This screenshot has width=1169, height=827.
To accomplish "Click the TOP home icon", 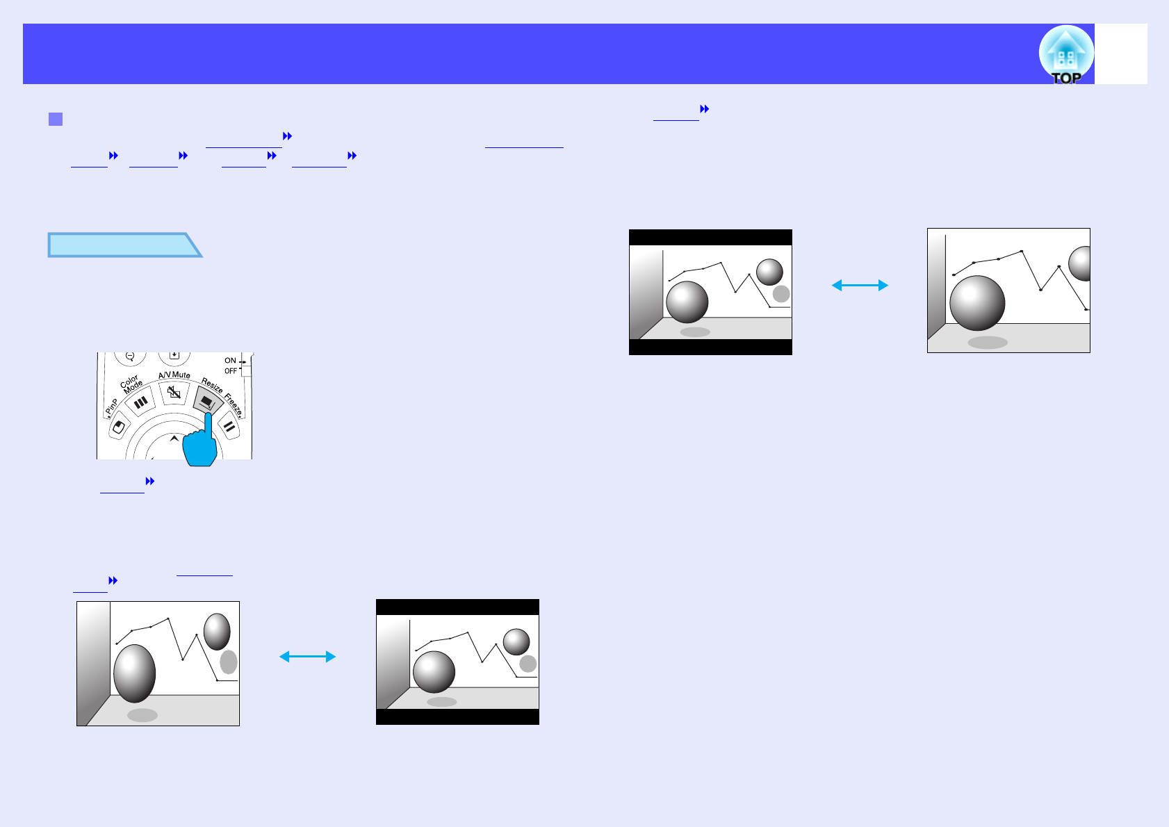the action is [1065, 55].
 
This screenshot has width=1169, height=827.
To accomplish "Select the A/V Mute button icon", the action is [174, 393].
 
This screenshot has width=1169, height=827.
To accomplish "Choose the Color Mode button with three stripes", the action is [141, 402].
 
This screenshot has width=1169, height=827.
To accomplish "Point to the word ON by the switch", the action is [230, 361].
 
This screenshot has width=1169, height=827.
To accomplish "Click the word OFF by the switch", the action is [231, 371].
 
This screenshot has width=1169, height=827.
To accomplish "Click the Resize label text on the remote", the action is [211, 384].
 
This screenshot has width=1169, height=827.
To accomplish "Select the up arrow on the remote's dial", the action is [174, 439].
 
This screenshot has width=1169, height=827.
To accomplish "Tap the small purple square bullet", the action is [56, 119].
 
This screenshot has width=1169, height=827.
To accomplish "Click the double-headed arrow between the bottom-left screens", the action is [307, 657].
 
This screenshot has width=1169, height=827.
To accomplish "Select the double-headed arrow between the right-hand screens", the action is [860, 285].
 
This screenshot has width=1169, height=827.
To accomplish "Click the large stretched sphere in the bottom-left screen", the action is [134, 673].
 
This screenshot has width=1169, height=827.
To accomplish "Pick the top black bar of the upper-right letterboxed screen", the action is [710, 237].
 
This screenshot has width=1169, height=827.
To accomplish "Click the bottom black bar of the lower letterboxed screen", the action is [457, 717].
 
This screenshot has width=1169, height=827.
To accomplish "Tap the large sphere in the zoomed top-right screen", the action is [976, 303].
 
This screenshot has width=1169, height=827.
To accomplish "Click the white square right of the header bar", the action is [1121, 54].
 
